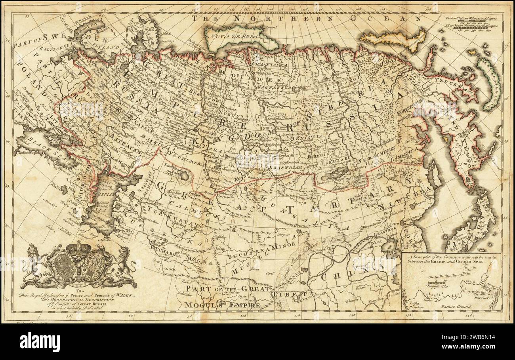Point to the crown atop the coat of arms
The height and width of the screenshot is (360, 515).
78,247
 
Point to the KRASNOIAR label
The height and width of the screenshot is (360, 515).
292,168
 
